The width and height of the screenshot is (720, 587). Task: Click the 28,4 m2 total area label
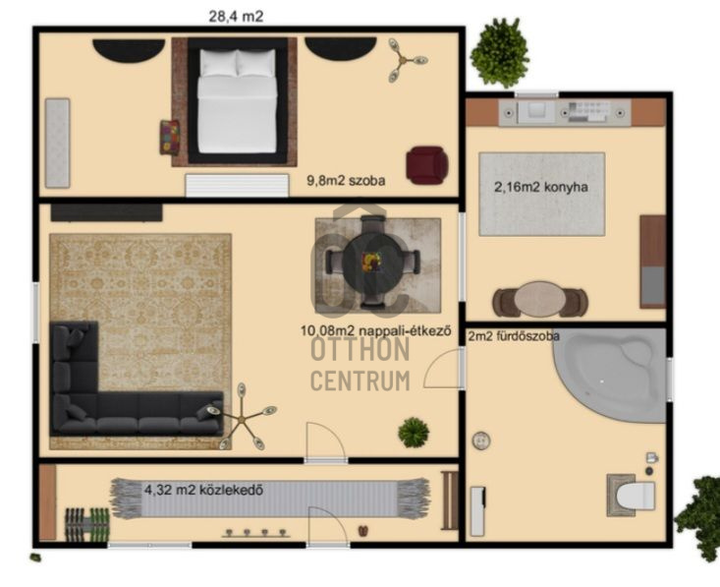pos(236,17)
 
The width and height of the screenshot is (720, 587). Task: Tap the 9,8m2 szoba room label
pos(346,181)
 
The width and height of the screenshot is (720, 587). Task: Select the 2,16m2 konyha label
pos(541,187)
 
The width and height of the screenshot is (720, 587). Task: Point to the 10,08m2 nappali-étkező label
pos(375,330)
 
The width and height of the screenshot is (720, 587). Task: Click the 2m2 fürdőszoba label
pos(514,336)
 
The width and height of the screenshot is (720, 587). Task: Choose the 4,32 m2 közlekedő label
pos(204,490)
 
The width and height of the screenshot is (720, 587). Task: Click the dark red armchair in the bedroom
pos(427,165)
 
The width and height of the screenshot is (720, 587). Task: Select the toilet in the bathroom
pos(632,496)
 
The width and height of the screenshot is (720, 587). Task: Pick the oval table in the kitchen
pos(540,300)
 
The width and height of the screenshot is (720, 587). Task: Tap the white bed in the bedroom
pos(237,101)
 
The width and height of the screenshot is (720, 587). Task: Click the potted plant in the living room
pos(414,432)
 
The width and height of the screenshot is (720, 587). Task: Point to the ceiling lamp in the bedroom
pos(405,60)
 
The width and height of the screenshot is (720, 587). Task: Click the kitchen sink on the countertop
pos(536,111)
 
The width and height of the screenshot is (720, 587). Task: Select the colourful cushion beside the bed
pos(169,137)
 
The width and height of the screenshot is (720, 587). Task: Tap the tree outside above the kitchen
pos(500,52)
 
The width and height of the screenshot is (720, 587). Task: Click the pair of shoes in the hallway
pos(362,531)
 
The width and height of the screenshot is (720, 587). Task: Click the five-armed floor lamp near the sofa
pos(242,417)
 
